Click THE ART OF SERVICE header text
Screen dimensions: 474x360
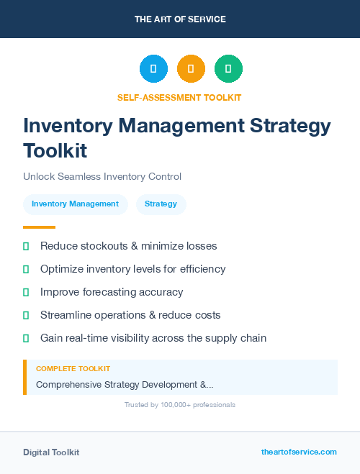pyautogui.click(x=180, y=19)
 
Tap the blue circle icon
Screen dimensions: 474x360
pyautogui.click(x=153, y=69)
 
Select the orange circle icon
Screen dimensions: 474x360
pyautogui.click(x=191, y=69)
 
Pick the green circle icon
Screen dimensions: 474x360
pyautogui.click(x=228, y=69)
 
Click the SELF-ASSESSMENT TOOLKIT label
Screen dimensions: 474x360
pyautogui.click(x=179, y=97)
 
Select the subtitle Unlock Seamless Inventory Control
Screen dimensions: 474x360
pyautogui.click(x=102, y=176)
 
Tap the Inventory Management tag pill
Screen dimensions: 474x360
pyautogui.click(x=75, y=204)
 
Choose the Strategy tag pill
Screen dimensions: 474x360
pyautogui.click(x=161, y=204)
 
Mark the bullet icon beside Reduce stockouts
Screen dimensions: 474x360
pyautogui.click(x=26, y=246)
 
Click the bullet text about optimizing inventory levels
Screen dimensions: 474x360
pyautogui.click(x=132, y=269)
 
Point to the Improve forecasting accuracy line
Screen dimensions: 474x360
pyautogui.click(x=112, y=292)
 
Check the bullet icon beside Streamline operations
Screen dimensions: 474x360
pyautogui.click(x=26, y=315)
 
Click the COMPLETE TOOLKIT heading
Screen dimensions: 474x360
pyautogui.click(x=73, y=368)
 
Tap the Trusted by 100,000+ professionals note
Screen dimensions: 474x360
pyautogui.click(x=180, y=405)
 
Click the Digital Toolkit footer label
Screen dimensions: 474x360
pyautogui.click(x=51, y=452)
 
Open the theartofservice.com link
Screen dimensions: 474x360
pyautogui.click(x=299, y=452)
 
